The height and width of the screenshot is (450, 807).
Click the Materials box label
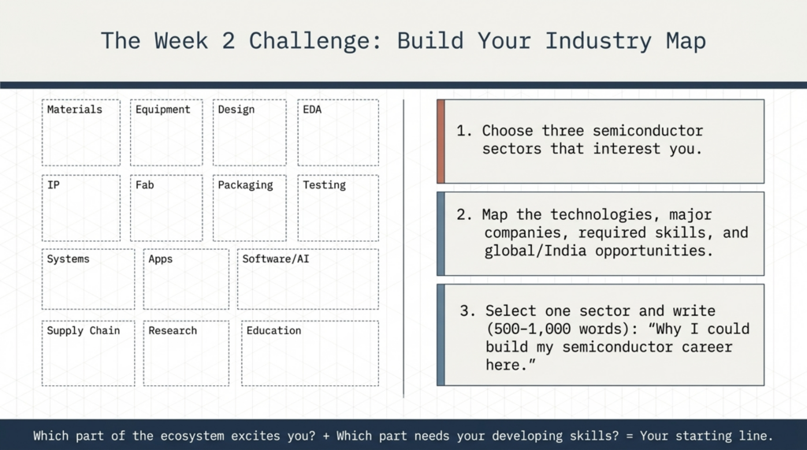[x=75, y=110]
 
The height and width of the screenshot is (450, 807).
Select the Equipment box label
[x=162, y=110]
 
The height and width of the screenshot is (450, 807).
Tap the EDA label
[x=312, y=110]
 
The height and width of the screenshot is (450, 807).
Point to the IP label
[x=54, y=185]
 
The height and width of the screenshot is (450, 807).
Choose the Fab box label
[x=145, y=185]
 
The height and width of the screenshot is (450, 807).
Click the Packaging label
[x=246, y=185]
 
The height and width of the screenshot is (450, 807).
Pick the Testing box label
[x=324, y=185]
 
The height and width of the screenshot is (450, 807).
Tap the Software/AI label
[x=276, y=259]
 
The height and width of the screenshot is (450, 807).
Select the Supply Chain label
[x=84, y=331]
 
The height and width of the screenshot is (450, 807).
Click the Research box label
[x=173, y=330]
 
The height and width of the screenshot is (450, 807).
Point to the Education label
[x=273, y=330]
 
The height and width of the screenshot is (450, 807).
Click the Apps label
[x=161, y=259]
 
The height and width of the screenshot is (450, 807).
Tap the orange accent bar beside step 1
[x=441, y=141]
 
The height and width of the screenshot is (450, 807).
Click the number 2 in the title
[x=229, y=41]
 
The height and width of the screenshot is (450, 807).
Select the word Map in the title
[x=686, y=41]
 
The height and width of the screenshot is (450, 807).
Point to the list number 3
[x=467, y=311]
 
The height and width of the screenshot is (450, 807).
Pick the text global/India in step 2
[x=535, y=251]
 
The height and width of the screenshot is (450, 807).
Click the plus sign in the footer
[x=325, y=436]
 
